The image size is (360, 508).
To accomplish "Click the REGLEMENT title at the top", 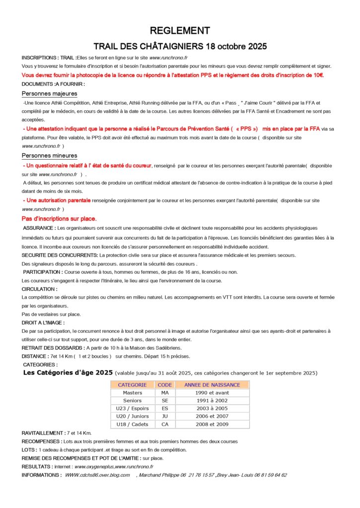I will (x=180, y=30).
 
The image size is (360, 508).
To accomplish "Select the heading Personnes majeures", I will (x=49, y=93).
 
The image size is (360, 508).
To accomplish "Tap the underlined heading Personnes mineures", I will (x=49, y=155).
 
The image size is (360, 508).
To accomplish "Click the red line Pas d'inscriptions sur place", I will (x=59, y=218).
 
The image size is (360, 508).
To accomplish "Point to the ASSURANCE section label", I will (x=39, y=228).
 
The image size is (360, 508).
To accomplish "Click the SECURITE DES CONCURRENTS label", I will (x=60, y=255).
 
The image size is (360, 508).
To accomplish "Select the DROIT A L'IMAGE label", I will (x=43, y=322).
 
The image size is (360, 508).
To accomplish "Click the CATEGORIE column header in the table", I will (x=132, y=384).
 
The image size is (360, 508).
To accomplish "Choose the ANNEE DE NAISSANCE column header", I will (x=212, y=384).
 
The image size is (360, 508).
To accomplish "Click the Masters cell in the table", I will (x=132, y=392).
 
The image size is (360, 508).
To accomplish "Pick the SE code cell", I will (x=165, y=400).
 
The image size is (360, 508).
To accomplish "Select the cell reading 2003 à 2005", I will (x=212, y=408).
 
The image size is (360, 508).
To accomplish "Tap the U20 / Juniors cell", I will (x=132, y=416).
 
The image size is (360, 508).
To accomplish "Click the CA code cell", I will (x=165, y=424).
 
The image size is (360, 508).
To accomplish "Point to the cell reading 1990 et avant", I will (x=212, y=392).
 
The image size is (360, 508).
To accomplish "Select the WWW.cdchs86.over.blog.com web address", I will (x=97, y=475).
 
